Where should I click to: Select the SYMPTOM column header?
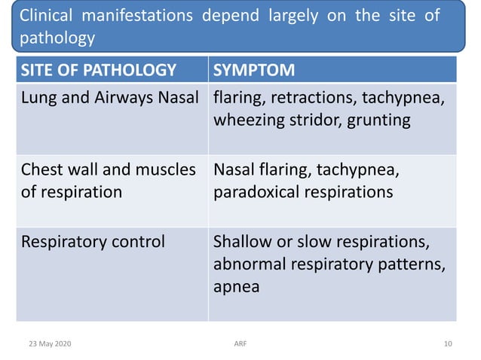(254, 71)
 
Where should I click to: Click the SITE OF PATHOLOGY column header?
(99, 71)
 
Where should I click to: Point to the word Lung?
(38, 98)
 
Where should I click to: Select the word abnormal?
(248, 264)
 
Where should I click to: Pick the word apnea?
(236, 287)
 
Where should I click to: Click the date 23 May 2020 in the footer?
(50, 343)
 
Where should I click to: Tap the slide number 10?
(448, 343)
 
